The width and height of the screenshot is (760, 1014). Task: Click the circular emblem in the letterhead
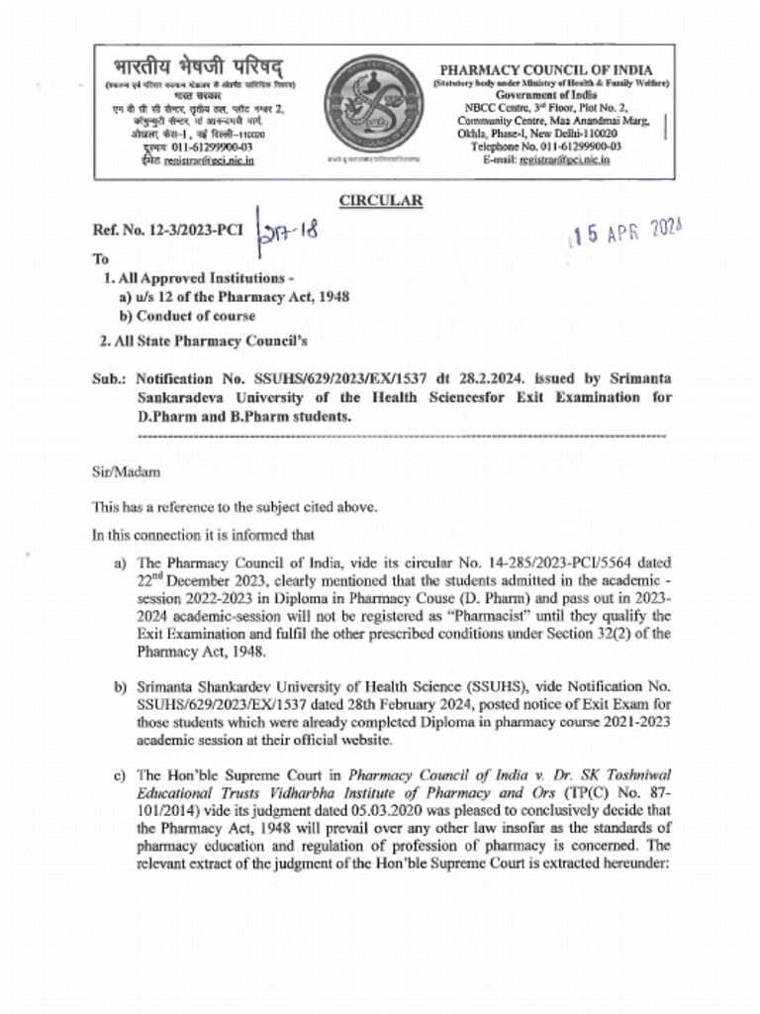coord(380,110)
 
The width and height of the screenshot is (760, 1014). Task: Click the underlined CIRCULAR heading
coord(381,201)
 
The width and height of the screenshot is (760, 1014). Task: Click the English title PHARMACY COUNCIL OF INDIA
coord(546,69)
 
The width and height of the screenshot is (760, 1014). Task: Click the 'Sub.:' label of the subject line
coord(109,378)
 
